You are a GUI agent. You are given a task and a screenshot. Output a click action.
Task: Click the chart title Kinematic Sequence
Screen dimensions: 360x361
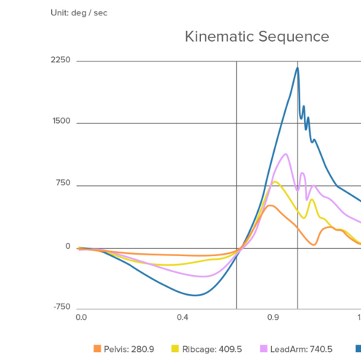click(256, 37)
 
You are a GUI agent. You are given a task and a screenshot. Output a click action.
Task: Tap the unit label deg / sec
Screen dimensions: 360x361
click(79, 12)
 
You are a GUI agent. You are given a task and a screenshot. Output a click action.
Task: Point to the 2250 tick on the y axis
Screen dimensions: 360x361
click(60, 60)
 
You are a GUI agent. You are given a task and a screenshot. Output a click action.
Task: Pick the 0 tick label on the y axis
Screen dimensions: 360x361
click(68, 246)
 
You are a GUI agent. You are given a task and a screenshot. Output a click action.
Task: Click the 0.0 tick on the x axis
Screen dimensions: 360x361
click(81, 318)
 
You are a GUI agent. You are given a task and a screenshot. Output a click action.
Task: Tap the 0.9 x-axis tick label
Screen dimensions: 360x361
click(273, 318)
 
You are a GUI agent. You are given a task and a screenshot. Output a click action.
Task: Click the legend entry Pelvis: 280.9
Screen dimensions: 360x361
click(129, 349)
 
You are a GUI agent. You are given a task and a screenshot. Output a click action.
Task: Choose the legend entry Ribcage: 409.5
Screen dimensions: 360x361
click(211, 349)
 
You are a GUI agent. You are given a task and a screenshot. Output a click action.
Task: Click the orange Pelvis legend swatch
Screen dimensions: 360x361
click(97, 349)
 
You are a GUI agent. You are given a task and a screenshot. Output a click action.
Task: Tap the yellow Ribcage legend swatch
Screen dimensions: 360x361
click(175, 349)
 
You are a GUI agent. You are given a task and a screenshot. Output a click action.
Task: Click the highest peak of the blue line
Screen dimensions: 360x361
click(297, 68)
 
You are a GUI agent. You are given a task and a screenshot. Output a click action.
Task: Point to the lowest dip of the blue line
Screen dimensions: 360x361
click(195, 295)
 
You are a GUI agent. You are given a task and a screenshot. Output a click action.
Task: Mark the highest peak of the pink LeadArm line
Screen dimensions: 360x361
click(286, 154)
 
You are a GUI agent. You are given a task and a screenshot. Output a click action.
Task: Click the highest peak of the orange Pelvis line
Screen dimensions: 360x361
click(270, 206)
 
